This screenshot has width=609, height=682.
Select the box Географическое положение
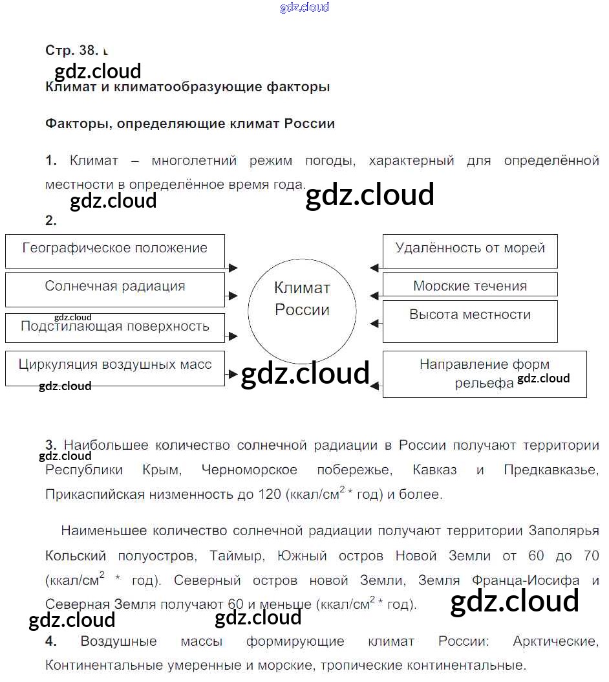tap(115, 251)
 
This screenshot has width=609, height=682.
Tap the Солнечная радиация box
tap(115, 289)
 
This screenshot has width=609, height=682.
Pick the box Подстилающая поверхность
tap(115, 327)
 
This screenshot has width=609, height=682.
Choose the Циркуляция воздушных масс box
tap(115, 368)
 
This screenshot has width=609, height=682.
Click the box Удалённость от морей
tap(470, 251)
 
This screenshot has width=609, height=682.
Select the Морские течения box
tap(470, 285)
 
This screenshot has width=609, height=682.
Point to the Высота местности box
tap(470, 320)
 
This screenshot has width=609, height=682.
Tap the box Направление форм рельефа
tap(484, 374)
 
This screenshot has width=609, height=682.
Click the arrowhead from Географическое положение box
tap(233, 267)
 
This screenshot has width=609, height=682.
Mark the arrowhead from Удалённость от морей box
tap(374, 267)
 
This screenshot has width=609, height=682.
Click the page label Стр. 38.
tap(71, 50)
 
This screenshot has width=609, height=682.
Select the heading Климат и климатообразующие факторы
tap(187, 87)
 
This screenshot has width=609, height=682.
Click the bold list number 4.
tap(51, 641)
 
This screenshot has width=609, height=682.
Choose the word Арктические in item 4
tap(555, 641)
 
